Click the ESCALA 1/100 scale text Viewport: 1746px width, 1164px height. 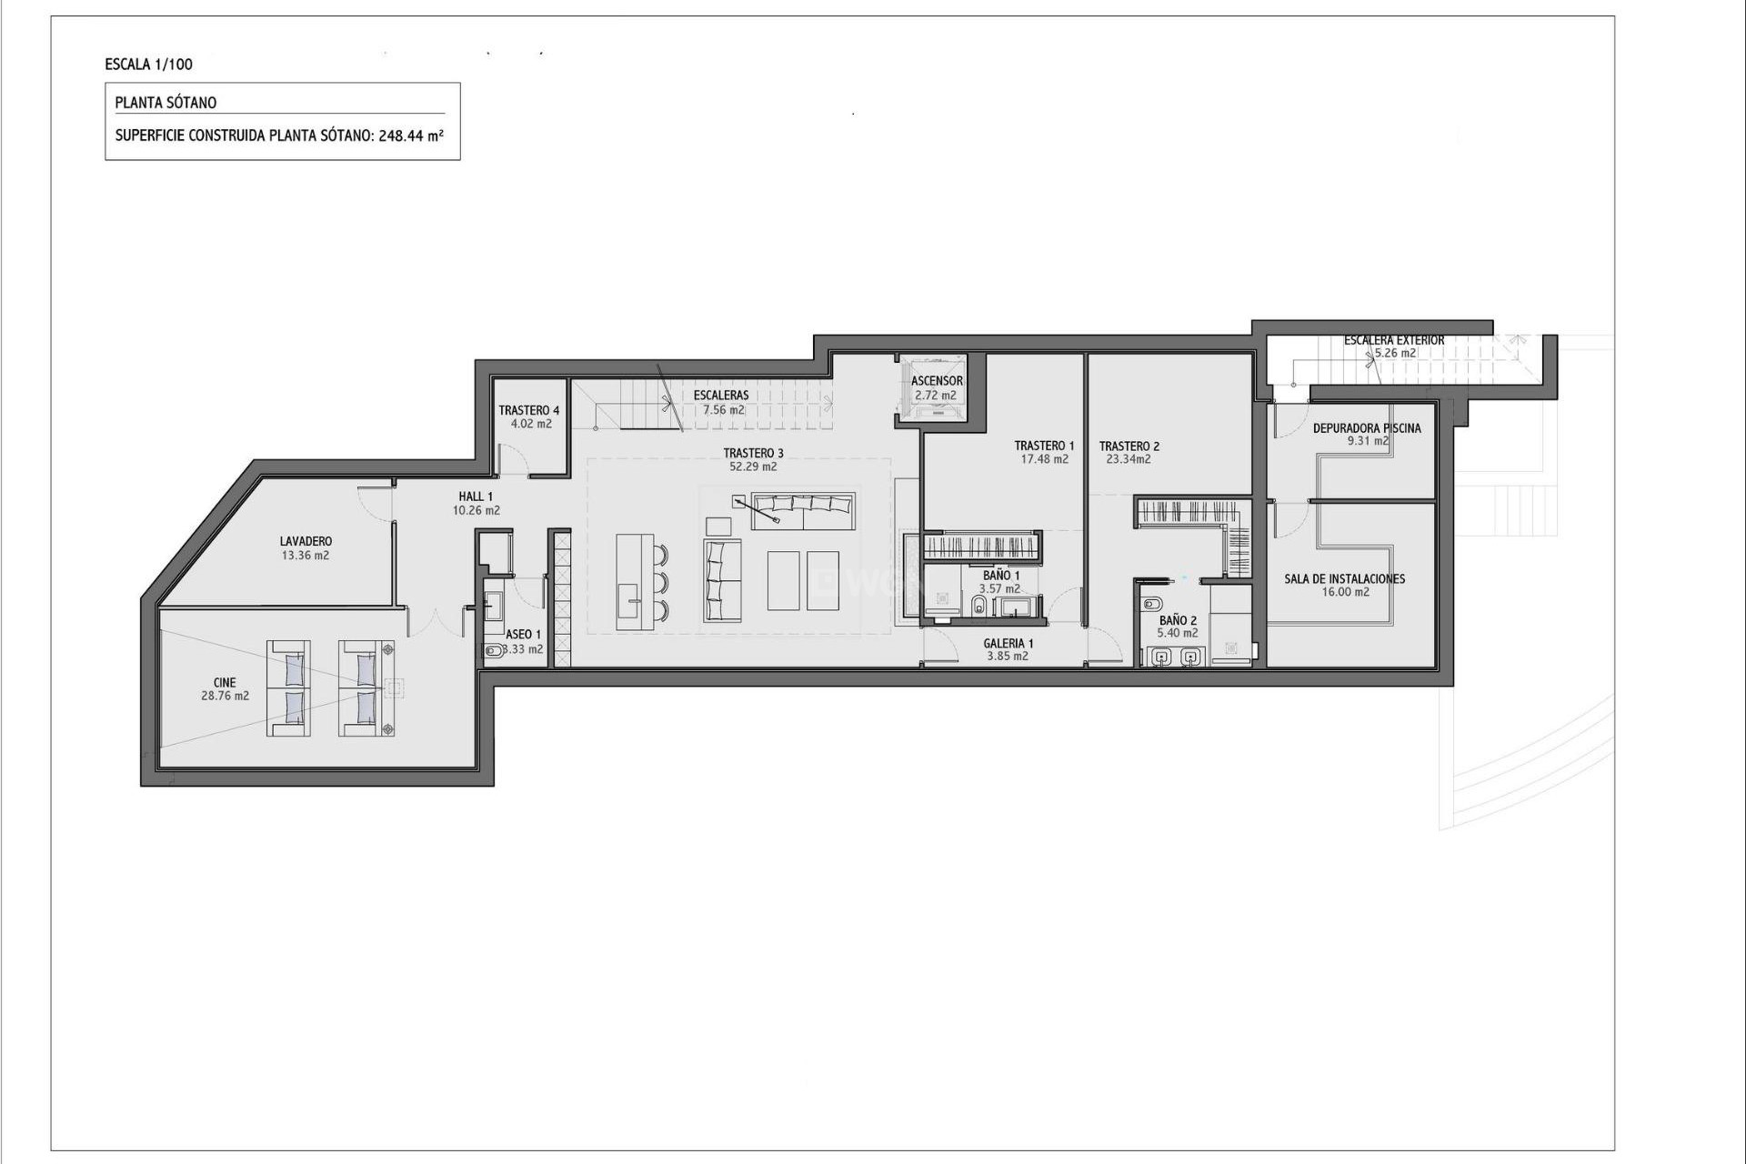tap(149, 65)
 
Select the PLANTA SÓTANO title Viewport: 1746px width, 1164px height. tap(166, 103)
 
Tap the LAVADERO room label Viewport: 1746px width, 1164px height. tap(306, 541)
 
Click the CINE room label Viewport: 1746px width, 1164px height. tap(225, 682)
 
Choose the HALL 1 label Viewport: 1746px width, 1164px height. tap(476, 497)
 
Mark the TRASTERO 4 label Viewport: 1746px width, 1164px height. tap(529, 410)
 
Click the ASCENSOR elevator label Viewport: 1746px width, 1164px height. tap(937, 381)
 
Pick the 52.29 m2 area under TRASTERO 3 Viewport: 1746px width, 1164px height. tap(753, 467)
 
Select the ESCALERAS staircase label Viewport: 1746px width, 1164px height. tap(721, 396)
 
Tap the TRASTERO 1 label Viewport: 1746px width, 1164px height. tap(1044, 446)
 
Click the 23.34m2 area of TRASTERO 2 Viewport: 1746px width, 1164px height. tap(1129, 459)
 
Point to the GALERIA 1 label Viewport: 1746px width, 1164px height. tap(1008, 643)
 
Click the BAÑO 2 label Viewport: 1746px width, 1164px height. tap(1178, 620)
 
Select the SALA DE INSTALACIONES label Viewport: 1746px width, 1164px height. tap(1344, 578)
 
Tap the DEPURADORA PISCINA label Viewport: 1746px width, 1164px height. tap(1366, 428)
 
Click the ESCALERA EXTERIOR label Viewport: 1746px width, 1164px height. tap(1394, 340)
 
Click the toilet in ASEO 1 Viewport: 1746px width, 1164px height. tap(492, 650)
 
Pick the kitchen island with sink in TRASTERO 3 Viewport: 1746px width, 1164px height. tap(630, 582)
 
